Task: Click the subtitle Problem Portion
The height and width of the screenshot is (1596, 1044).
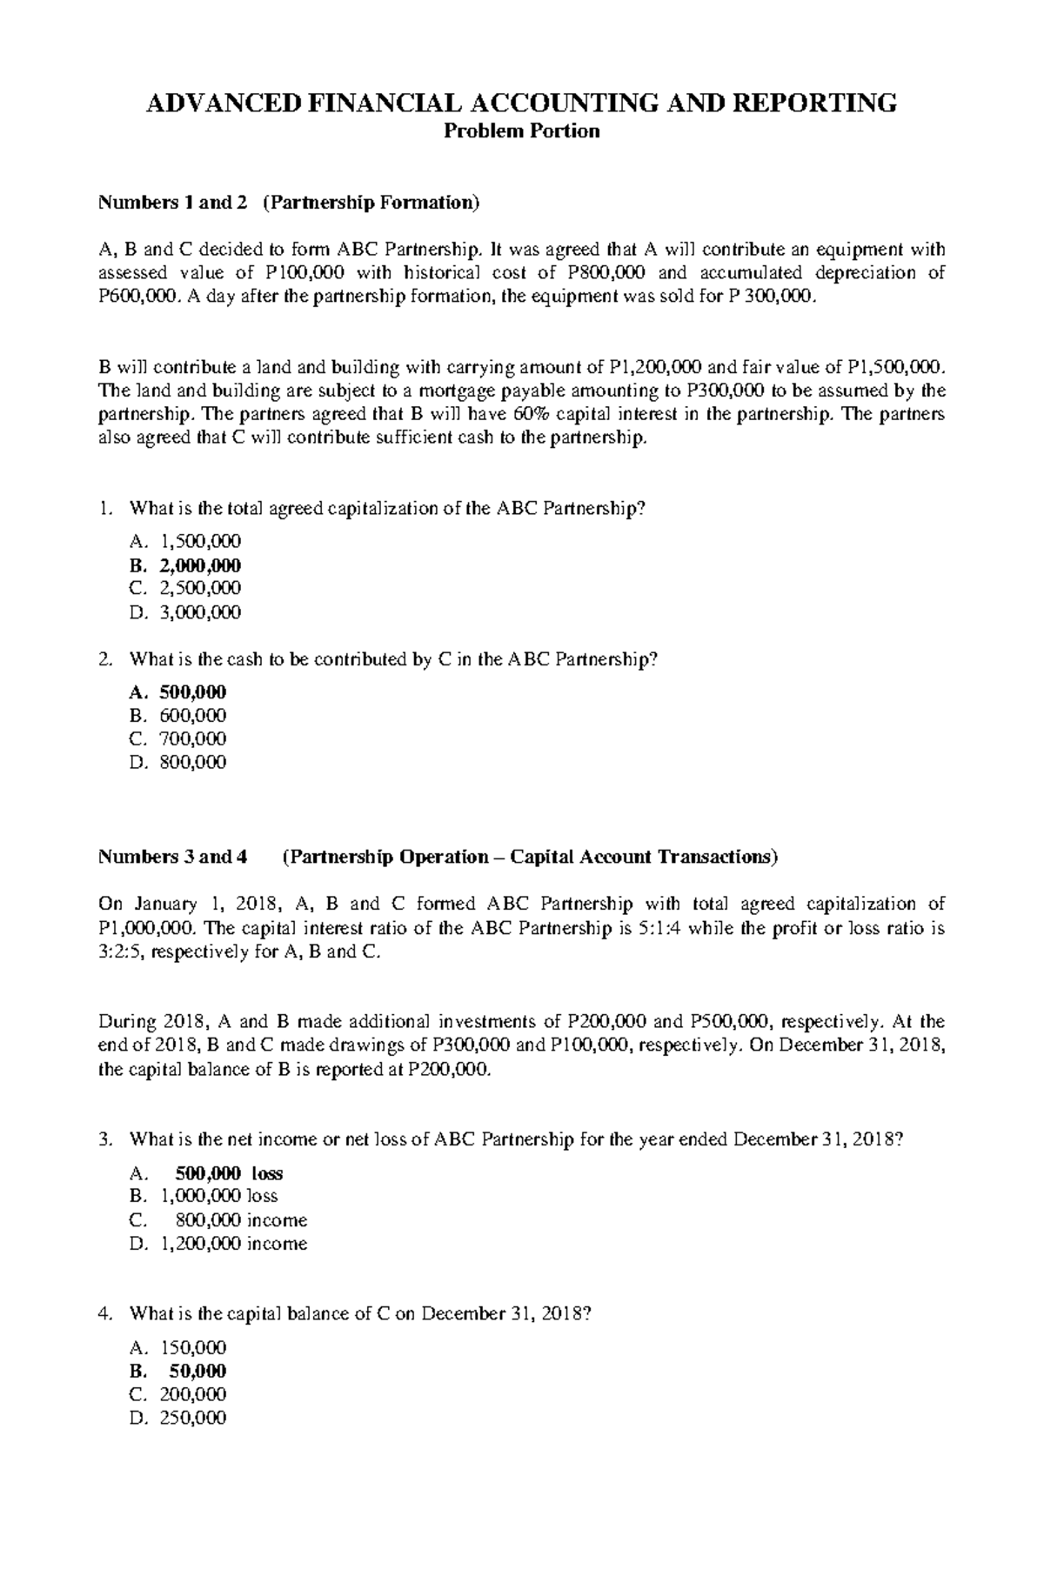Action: coord(521,131)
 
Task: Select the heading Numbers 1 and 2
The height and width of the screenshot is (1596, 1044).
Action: coord(172,203)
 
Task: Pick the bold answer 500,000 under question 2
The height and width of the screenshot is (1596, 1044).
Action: coord(192,692)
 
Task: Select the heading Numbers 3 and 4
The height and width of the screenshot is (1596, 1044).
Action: coord(172,858)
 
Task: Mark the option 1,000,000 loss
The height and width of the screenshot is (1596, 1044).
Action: coord(219,1196)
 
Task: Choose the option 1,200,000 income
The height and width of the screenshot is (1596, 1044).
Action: coord(233,1244)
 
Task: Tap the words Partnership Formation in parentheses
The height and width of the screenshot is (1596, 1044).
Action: coord(371,203)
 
